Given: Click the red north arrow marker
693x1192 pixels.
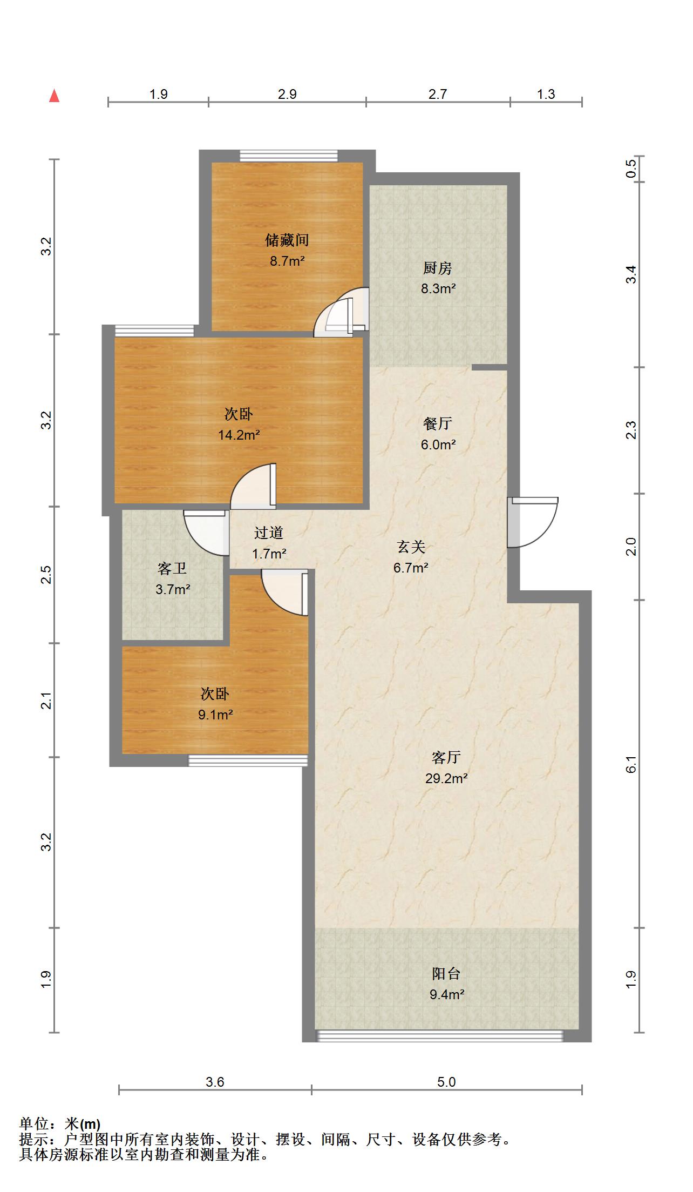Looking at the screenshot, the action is tap(54, 96).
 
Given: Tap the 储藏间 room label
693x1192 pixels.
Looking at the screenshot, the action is tap(287, 239).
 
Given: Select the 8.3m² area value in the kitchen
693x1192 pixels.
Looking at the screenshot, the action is tap(438, 288).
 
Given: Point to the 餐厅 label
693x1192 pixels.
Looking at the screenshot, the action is tap(437, 424).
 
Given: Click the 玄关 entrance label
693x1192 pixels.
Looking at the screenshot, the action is tap(411, 547).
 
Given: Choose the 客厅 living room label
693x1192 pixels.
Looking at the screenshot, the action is tap(446, 757).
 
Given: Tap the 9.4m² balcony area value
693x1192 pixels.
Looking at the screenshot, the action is tap(447, 994).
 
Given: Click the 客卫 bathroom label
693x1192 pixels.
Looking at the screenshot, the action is tap(172, 568).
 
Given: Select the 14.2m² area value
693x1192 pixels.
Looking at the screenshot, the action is tap(239, 435).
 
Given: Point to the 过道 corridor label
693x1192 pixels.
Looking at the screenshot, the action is tap(269, 533).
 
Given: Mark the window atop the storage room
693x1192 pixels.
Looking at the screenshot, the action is tap(289, 156).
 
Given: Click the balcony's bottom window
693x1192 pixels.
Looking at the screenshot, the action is tap(439, 1035).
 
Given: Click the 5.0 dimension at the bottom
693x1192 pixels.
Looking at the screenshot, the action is tap(446, 1082).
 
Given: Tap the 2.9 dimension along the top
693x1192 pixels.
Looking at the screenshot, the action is tap(287, 94).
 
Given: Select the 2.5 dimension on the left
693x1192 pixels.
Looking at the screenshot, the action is tap(47, 574).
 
